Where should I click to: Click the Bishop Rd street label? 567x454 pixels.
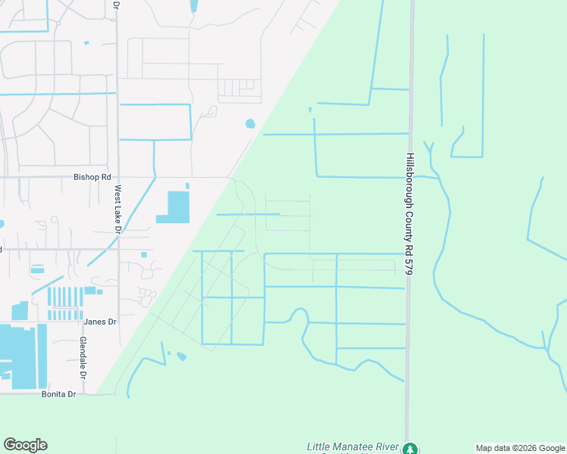92,177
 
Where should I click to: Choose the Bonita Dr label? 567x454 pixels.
61,394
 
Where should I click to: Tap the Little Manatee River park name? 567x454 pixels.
352,447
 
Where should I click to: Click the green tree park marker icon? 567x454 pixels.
410,449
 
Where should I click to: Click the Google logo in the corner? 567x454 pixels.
25,445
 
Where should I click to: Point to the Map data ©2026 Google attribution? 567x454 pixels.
520,448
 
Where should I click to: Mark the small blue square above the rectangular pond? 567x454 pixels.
187,185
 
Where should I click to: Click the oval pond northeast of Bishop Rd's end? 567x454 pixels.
250,123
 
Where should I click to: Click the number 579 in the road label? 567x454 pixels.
409,266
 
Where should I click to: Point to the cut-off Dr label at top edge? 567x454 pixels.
116,5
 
